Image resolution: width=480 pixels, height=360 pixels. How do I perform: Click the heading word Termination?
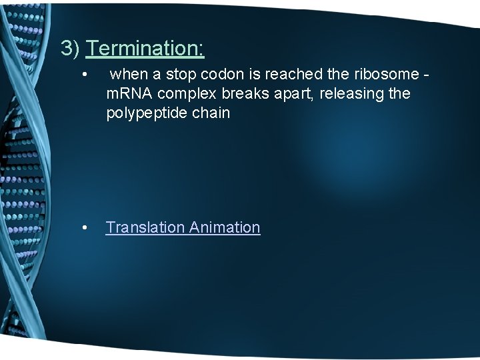click(x=145, y=48)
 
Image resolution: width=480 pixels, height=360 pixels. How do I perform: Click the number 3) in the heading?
click(x=71, y=48)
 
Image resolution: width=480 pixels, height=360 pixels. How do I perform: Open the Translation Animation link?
click(x=183, y=227)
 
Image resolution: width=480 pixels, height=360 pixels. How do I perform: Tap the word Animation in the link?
click(x=225, y=227)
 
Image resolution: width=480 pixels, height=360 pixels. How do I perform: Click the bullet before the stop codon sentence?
click(x=84, y=75)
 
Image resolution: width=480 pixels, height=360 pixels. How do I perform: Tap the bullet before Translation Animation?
click(x=84, y=228)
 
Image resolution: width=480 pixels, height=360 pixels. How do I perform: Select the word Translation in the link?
click(x=145, y=227)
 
